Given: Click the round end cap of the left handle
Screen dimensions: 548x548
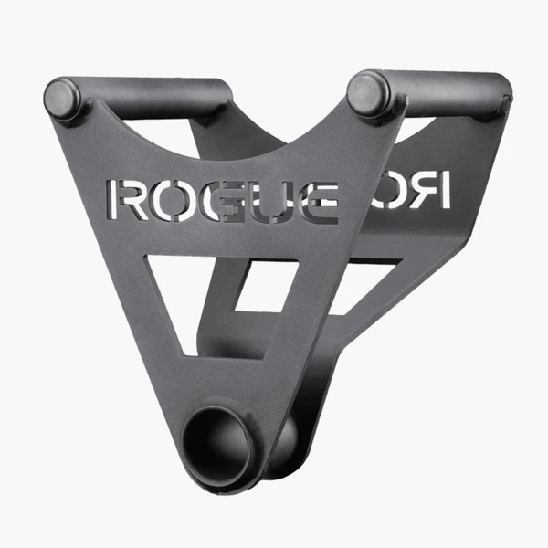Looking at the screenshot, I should [x=64, y=97].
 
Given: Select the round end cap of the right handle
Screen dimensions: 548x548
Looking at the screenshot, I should [x=367, y=93].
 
